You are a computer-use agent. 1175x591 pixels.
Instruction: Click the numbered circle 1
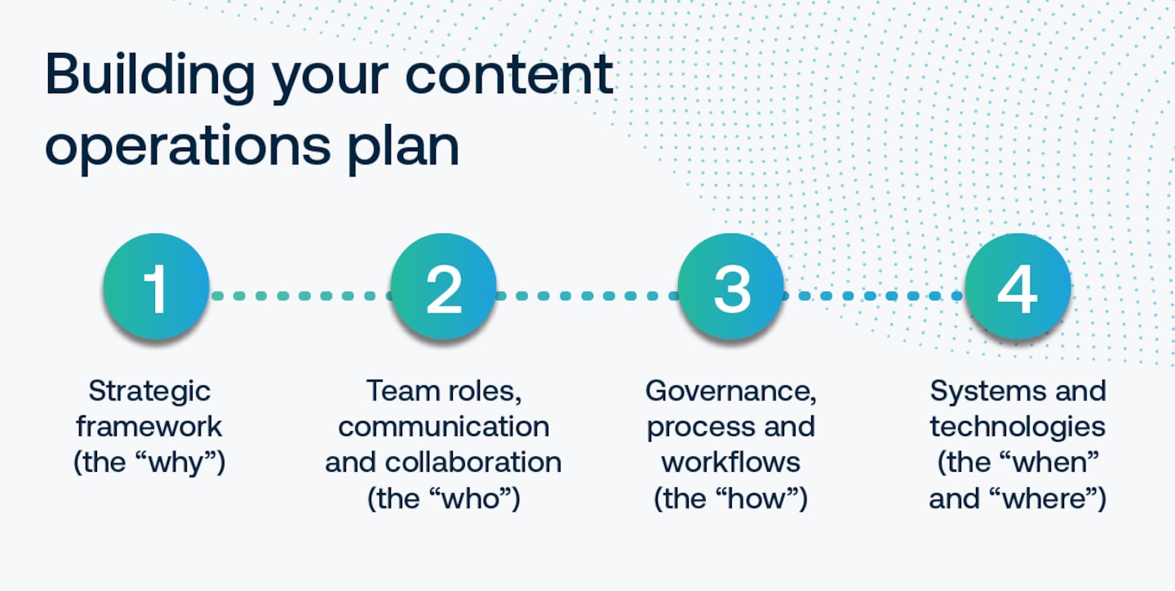156,287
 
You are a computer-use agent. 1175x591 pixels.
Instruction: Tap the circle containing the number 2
443,287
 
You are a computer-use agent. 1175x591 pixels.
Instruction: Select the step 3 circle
730,287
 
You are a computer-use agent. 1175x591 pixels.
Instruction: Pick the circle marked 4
1018,287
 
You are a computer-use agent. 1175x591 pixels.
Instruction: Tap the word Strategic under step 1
149,391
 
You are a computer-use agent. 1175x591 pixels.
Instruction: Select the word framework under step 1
149,426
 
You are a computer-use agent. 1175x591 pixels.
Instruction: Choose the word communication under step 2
443,426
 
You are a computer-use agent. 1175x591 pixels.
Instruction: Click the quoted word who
468,497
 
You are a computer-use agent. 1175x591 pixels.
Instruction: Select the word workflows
730,462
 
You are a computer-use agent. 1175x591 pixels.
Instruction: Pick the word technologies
1018,426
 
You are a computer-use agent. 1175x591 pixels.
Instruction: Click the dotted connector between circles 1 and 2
299,295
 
